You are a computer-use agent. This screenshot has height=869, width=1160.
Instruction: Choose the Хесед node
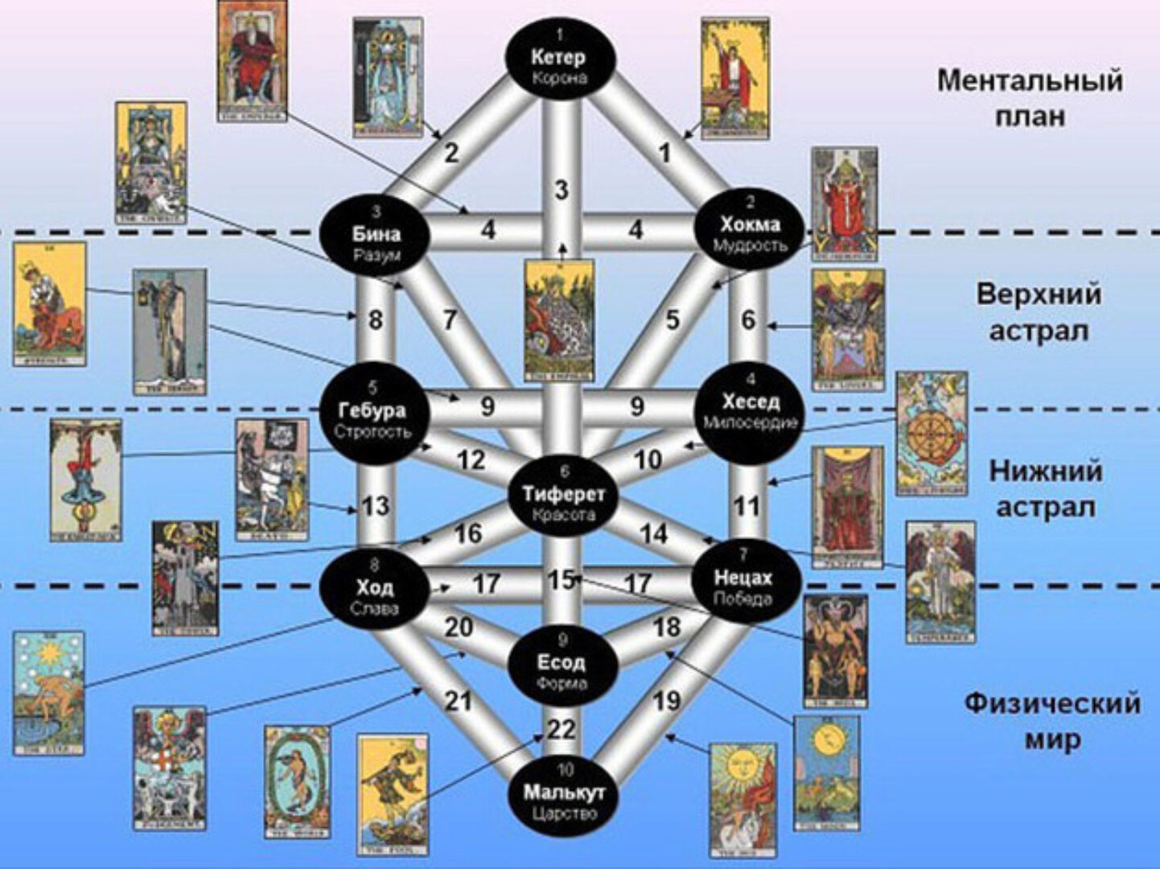pos(749,411)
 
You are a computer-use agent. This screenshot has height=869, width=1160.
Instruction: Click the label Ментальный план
pos(1030,98)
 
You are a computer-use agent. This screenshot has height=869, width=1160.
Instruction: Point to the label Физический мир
pos(1052,720)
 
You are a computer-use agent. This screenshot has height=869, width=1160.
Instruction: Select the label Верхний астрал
pos(1038,311)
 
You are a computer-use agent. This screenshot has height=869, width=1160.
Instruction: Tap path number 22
pos(561,730)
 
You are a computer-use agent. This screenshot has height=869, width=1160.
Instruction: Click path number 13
pos(376,506)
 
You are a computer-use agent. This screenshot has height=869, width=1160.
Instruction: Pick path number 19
pos(666,702)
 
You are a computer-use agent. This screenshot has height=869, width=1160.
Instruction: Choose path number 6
pos(748,319)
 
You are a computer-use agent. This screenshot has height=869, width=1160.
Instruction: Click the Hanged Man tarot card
pos(85,480)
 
